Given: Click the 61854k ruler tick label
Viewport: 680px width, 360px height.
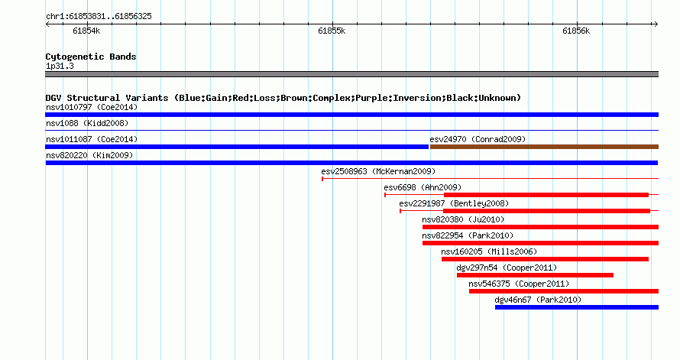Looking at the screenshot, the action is coord(86,31).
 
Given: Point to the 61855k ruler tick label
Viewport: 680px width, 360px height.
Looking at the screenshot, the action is coord(332,31).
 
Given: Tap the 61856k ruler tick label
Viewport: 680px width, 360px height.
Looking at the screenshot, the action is coord(576,31).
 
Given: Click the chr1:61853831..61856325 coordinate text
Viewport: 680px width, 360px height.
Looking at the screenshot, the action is coord(99,17).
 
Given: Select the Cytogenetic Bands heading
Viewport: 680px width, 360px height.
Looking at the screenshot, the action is coord(91,57).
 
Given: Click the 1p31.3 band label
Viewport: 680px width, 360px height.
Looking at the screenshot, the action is coord(60,66).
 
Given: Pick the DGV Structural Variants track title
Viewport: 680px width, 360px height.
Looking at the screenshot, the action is coord(283,98).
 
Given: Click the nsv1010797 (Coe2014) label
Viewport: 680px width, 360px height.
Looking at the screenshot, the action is coord(92,107).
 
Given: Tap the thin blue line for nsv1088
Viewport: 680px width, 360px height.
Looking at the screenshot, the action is coord(351,130).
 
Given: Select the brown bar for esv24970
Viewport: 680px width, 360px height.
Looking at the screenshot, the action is coord(544,147).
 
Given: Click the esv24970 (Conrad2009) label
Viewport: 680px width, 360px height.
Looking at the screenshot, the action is coord(478,139).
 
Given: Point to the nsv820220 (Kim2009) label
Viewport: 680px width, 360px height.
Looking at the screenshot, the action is coord(89,155).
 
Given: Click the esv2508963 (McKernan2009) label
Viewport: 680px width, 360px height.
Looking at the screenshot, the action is coord(378,171).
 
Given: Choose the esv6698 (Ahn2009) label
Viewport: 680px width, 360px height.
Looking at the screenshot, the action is coord(423,187).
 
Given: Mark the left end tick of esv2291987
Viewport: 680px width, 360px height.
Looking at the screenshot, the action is coord(400,211).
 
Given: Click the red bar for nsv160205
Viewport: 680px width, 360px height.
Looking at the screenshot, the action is coord(545,259).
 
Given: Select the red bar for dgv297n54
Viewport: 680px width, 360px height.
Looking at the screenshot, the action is coord(535,275).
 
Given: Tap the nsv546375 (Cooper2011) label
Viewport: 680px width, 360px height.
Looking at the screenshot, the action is coord(519,284).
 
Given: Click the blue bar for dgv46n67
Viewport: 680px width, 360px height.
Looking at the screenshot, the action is coord(577,307).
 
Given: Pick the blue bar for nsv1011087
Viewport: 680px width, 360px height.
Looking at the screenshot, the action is coord(237,147).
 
